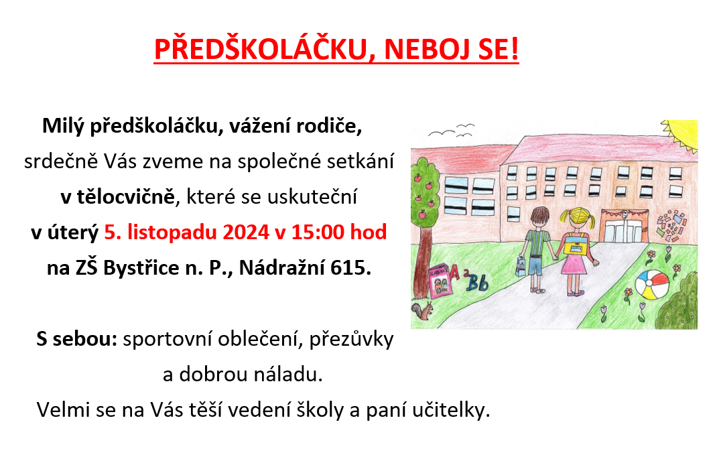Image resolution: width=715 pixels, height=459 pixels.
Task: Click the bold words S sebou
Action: pos(76,339)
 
